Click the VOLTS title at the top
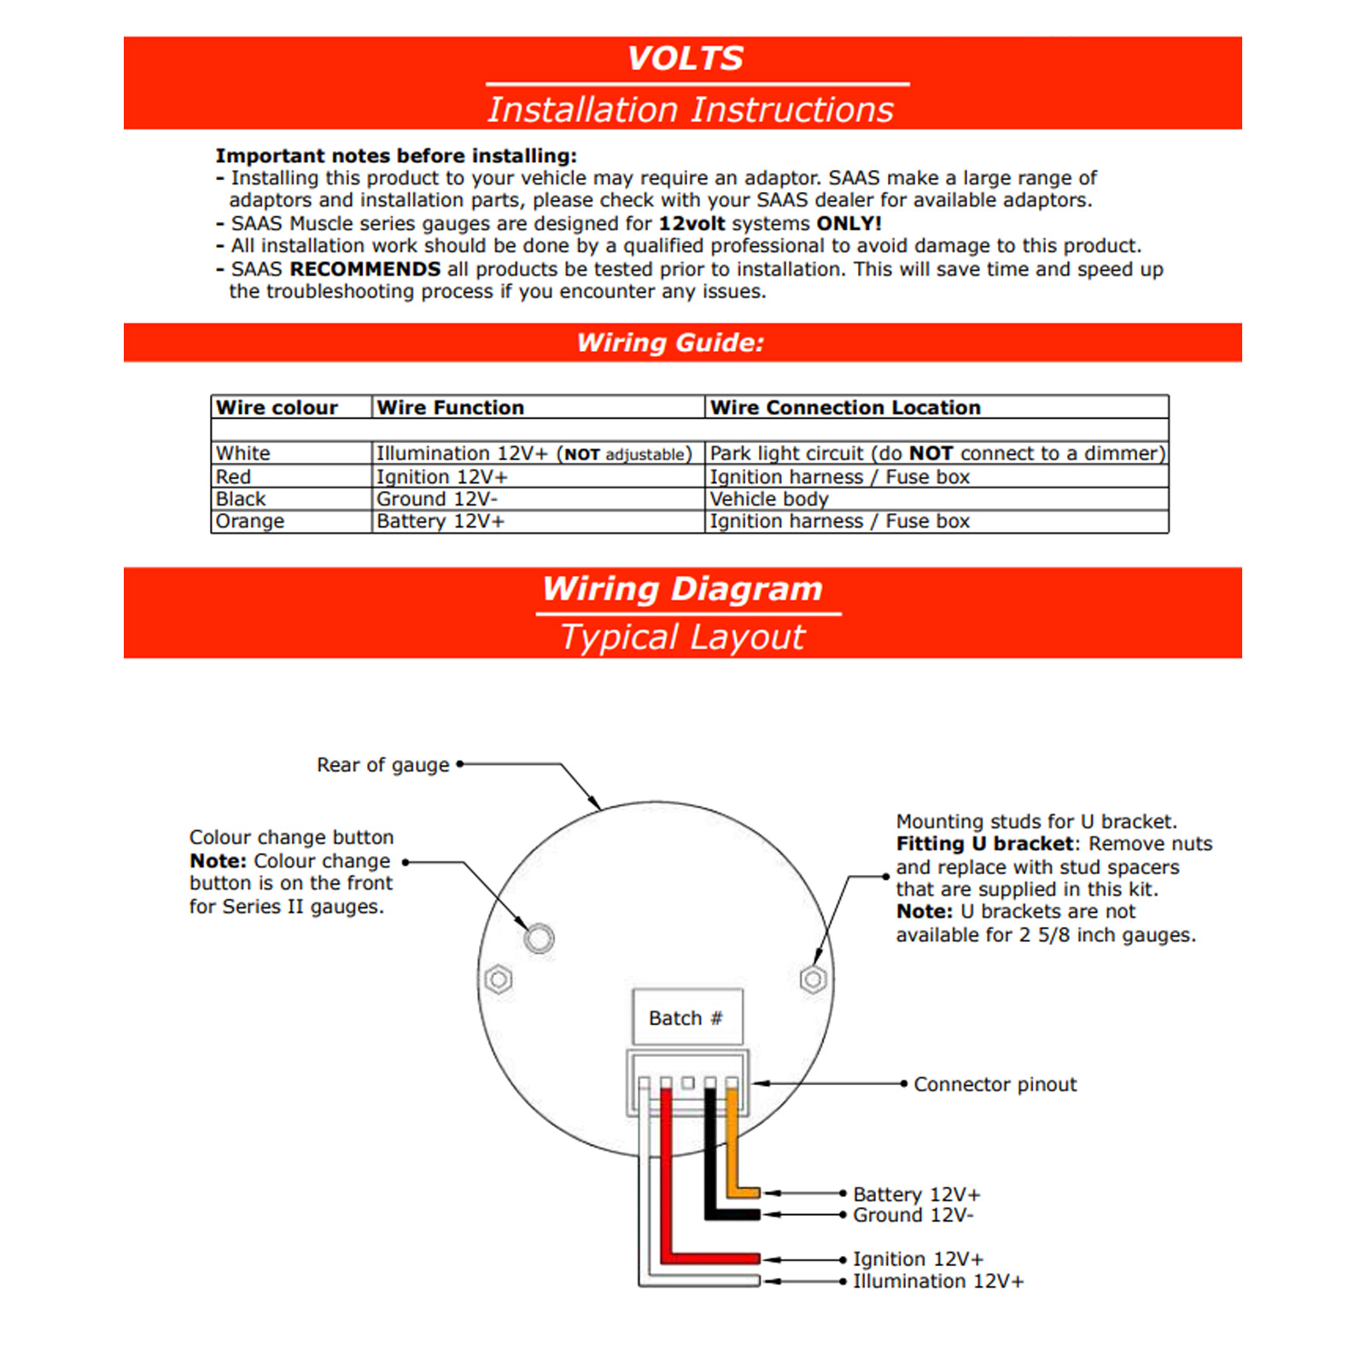point(685,58)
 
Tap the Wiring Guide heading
point(670,342)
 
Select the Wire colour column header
point(277,407)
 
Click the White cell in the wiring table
point(243,453)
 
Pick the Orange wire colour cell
point(250,521)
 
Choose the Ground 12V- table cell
point(437,499)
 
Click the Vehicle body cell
point(769,499)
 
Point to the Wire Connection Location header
point(845,407)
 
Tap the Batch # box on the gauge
point(686,1018)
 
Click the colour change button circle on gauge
point(539,938)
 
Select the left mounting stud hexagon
point(499,978)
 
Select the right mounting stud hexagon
point(813,978)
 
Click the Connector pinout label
point(995,1084)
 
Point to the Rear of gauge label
point(382,765)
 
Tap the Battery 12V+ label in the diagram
point(916,1194)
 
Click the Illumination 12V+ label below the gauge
point(937,1281)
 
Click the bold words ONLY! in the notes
point(849,224)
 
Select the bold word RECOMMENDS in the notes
point(365,269)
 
